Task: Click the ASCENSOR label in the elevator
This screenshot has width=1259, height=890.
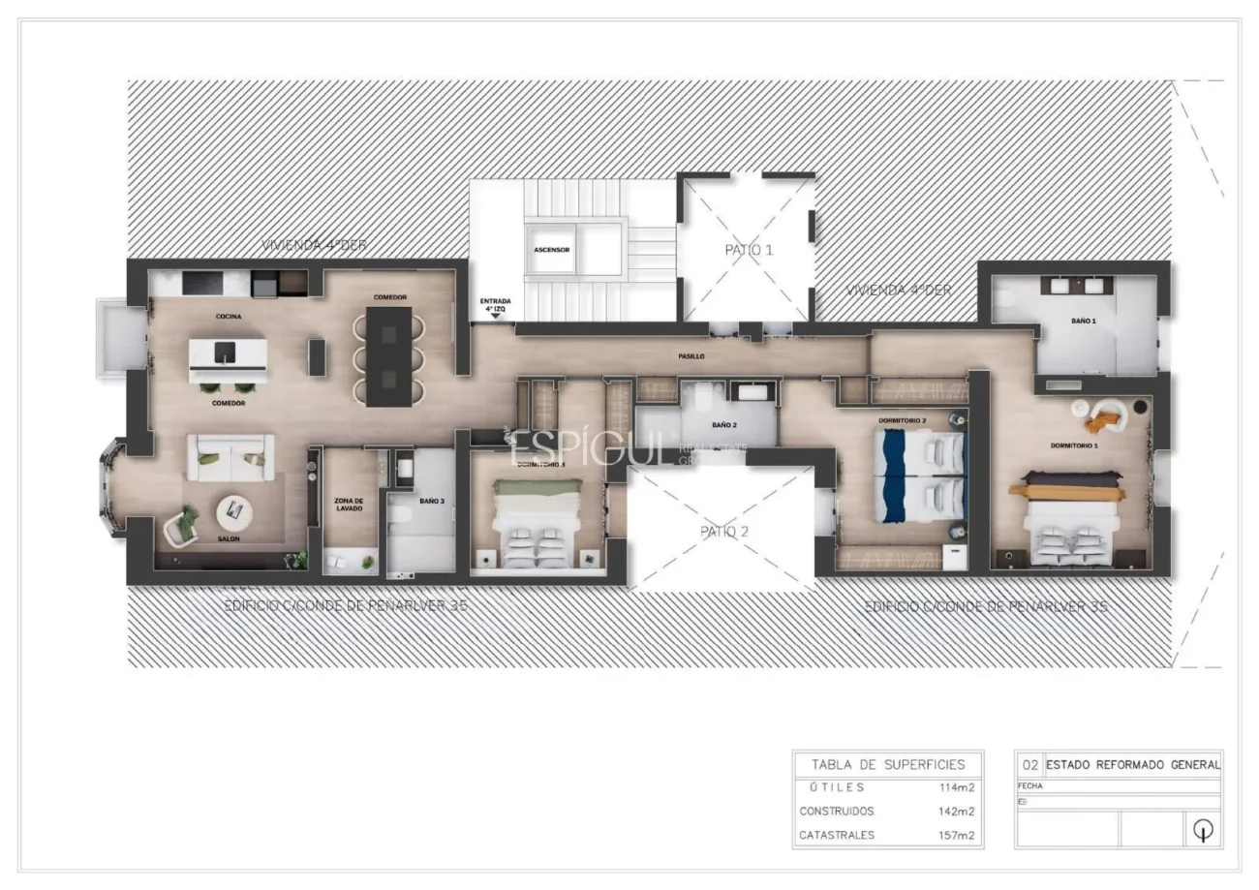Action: pos(551,250)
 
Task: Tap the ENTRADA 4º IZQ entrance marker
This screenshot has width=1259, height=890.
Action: pos(494,306)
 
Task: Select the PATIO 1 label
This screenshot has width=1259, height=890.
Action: pos(749,250)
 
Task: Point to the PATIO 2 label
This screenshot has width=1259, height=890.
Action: pos(724,532)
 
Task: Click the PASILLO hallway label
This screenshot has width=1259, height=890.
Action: pos(691,356)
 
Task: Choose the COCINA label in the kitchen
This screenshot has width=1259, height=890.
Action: pos(229,317)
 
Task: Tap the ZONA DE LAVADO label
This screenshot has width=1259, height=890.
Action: pos(348,504)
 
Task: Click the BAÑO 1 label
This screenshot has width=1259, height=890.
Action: pos(1083,321)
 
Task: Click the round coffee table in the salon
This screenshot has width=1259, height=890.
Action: pos(233,509)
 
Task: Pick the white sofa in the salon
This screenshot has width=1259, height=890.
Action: pos(230,457)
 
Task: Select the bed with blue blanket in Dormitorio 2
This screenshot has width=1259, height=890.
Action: pos(919,476)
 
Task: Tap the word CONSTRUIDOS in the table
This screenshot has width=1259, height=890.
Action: pos(837,812)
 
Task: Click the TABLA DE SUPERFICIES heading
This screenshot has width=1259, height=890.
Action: pos(887,764)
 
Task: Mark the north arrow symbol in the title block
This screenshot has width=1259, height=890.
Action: pos(1204,829)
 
